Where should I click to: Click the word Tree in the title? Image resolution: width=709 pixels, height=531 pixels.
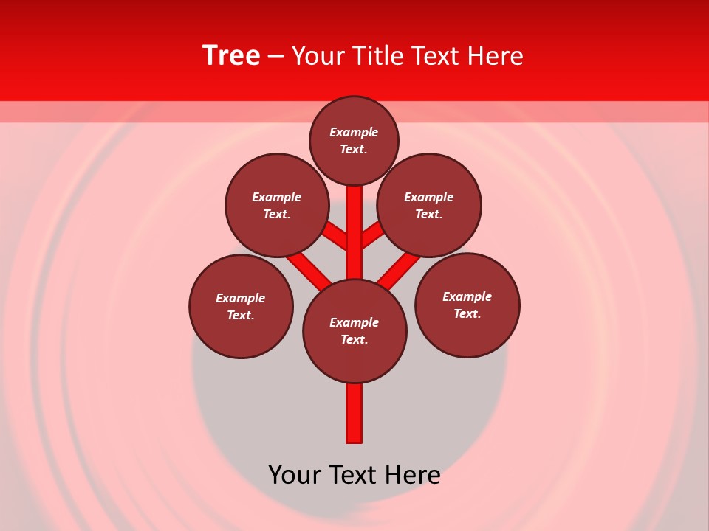[x=231, y=55]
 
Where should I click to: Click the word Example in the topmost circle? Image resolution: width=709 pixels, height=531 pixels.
[x=354, y=132]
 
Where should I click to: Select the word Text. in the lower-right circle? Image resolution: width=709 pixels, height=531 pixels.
[x=467, y=313]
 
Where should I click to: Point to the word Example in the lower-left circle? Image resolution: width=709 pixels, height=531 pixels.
[x=241, y=298]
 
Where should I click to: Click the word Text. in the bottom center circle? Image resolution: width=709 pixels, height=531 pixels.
[x=354, y=339]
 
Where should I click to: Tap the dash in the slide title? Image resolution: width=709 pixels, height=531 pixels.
[x=276, y=56]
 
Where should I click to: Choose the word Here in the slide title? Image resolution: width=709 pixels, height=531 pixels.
[x=498, y=56]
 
